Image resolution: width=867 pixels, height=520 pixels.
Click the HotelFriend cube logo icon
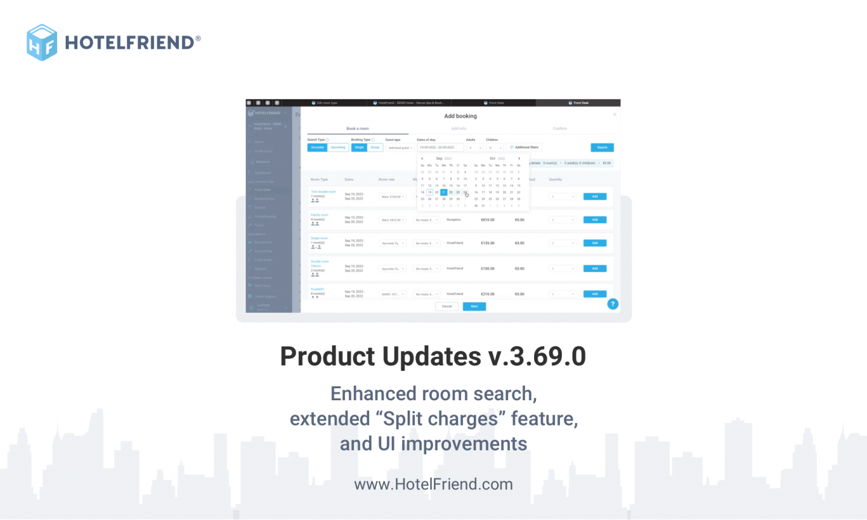[x=42, y=42]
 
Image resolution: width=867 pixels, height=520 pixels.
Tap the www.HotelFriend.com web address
[x=433, y=484]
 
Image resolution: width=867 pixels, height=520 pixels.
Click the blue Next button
[x=474, y=306]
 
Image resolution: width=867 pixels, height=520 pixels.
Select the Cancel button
[x=447, y=306]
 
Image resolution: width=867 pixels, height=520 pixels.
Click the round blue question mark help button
[x=613, y=304]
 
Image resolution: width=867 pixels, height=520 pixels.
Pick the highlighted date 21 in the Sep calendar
[x=444, y=193]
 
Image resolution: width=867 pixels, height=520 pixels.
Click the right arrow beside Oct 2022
[x=519, y=158]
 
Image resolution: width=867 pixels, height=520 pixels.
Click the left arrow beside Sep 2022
[x=422, y=158]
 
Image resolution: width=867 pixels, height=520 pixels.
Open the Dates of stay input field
[x=440, y=147]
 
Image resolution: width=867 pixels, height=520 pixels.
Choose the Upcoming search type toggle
[x=338, y=147]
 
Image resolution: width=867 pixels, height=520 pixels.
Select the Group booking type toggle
[x=375, y=147]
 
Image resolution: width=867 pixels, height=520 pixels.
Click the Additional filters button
[x=524, y=147]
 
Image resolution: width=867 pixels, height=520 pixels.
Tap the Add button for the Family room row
[x=594, y=220]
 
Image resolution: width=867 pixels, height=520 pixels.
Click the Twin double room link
[x=323, y=192]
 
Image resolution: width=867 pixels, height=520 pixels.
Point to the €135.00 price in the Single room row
[x=487, y=243]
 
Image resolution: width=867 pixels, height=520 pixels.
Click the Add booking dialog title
[x=460, y=116]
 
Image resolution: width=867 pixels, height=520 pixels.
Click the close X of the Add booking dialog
[x=614, y=114]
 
